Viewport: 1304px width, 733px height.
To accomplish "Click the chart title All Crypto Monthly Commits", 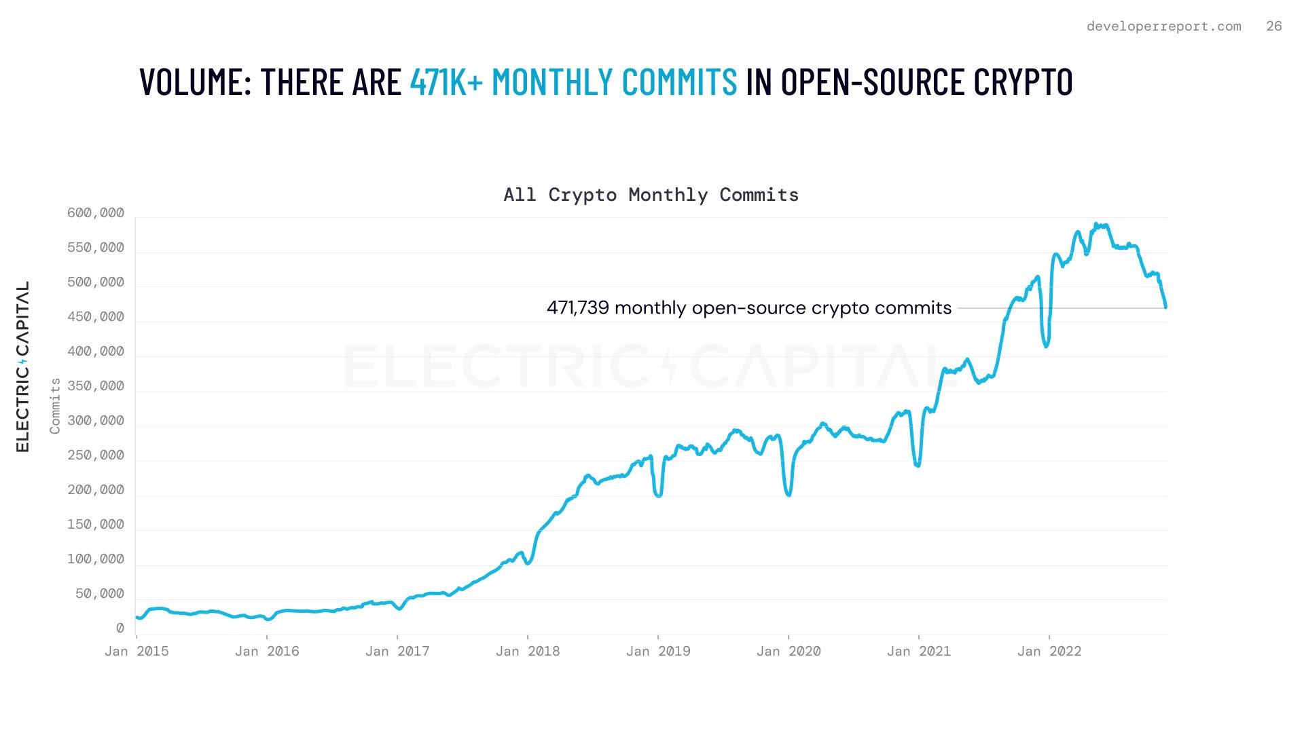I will pyautogui.click(x=651, y=195).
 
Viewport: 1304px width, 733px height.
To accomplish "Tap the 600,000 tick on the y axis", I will pyautogui.click(x=96, y=213).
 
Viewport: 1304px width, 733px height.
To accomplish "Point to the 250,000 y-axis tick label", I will pyautogui.click(x=96, y=455).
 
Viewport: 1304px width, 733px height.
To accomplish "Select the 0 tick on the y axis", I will pyautogui.click(x=120, y=628).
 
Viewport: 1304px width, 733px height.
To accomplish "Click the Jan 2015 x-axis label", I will pyautogui.click(x=137, y=652).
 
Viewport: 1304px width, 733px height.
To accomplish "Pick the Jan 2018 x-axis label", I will pyautogui.click(x=528, y=652).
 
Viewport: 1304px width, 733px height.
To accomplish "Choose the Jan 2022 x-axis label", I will pyautogui.click(x=1049, y=652).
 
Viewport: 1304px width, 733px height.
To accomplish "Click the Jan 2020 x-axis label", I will pyautogui.click(x=789, y=652).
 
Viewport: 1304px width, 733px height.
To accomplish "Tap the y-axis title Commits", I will pyautogui.click(x=55, y=406).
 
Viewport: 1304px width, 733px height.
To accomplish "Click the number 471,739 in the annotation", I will pyautogui.click(x=577, y=308).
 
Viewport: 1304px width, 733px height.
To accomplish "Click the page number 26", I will pyautogui.click(x=1273, y=26).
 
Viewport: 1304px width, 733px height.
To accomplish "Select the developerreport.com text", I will pyautogui.click(x=1163, y=26).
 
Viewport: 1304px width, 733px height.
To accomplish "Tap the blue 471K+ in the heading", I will pyautogui.click(x=446, y=82).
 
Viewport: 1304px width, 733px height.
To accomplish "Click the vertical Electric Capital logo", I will pyautogui.click(x=22, y=366).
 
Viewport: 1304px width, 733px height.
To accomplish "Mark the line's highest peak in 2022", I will pyautogui.click(x=1096, y=224).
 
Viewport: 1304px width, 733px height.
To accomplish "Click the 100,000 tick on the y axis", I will pyautogui.click(x=96, y=559).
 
